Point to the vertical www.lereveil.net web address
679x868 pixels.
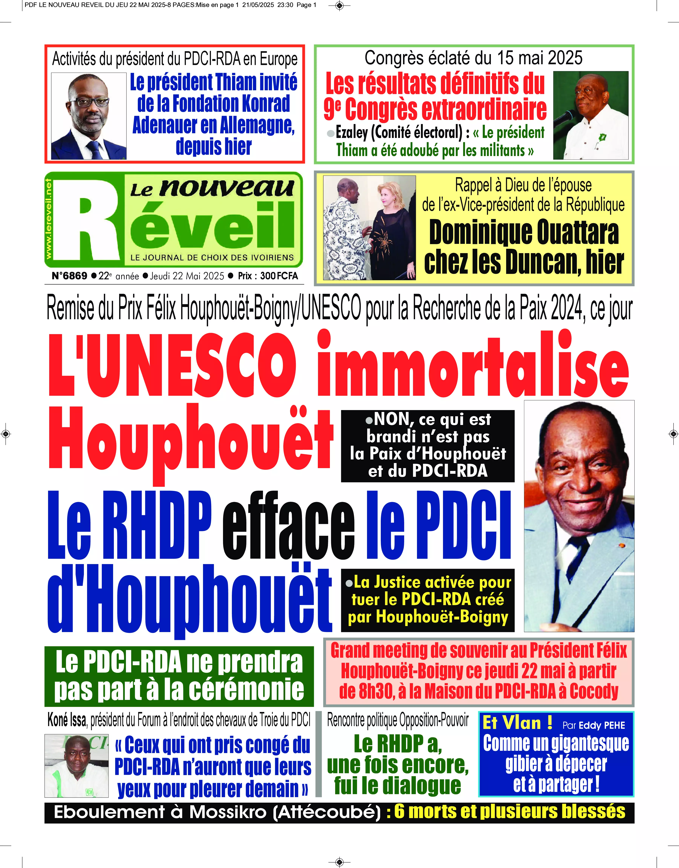click(49, 219)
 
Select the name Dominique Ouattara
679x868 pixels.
click(524, 233)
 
